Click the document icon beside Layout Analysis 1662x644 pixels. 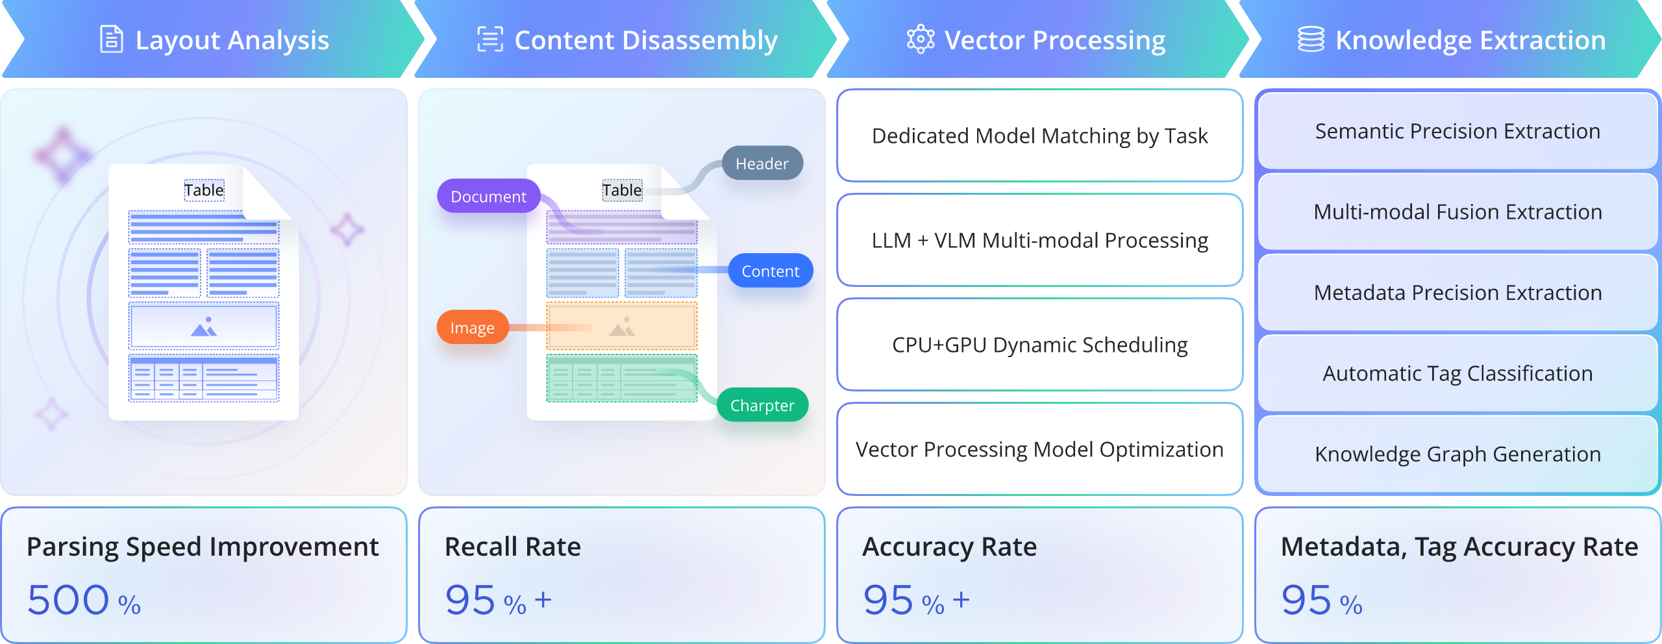pos(111,40)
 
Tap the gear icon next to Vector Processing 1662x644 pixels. pos(920,40)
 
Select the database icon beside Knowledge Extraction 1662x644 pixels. pos(1310,40)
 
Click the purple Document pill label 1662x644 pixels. pos(488,196)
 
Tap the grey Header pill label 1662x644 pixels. pos(762,164)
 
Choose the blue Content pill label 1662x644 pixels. pos(770,271)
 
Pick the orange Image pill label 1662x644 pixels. pos(472,328)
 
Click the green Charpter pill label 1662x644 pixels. pos(762,405)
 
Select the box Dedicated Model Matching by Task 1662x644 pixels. pos(1039,136)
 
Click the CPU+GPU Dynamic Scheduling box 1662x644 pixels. pos(1039,345)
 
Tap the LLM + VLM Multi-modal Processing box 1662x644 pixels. pos(1039,241)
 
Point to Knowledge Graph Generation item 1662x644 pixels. pos(1457,454)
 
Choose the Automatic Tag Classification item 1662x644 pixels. pos(1457,373)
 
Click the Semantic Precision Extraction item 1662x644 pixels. pos(1457,131)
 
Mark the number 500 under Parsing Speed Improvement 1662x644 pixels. pos(68,599)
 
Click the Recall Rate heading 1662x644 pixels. pos(512,547)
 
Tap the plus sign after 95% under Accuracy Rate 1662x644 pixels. pos(961,599)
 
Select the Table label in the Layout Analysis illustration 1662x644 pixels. pos(204,190)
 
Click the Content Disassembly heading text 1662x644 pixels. pos(645,40)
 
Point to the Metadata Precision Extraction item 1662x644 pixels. pos(1457,293)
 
